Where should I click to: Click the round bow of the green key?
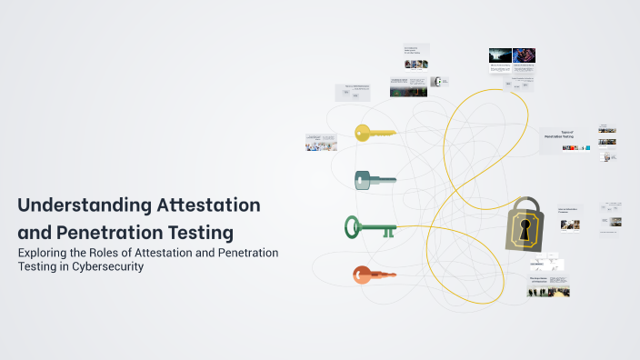pyautogui.click(x=353, y=225)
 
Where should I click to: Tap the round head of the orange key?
pyautogui.click(x=361, y=273)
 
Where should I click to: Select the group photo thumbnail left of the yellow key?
pyautogui.click(x=320, y=142)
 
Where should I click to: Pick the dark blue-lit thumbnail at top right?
pyautogui.click(x=499, y=55)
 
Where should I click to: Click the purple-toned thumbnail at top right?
pyautogui.click(x=525, y=55)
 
